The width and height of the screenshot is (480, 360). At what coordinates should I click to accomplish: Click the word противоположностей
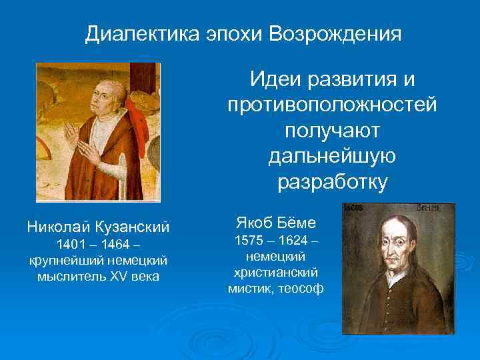tap(332, 105)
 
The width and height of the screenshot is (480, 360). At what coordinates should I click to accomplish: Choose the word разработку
tap(332, 182)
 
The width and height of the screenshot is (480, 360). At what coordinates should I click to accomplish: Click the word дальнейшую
tap(332, 156)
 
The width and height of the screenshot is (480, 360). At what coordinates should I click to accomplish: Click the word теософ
tap(301, 289)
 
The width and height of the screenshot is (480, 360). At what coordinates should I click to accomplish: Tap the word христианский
tap(276, 273)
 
